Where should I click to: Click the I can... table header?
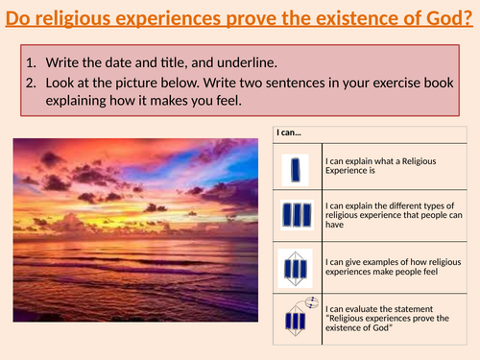(290, 132)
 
